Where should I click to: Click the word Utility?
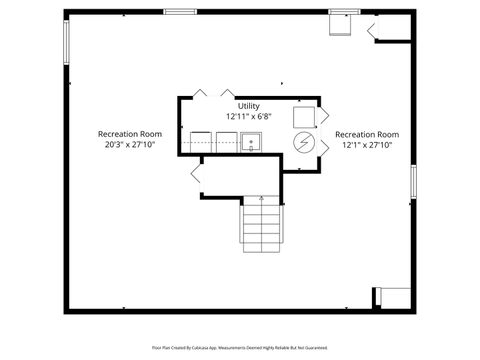[x=248, y=105]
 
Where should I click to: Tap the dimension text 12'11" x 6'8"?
[x=248, y=116]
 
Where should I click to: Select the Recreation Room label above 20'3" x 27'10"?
[x=129, y=134]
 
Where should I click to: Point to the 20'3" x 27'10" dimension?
[x=129, y=145]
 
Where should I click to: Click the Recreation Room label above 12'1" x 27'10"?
[x=367, y=134]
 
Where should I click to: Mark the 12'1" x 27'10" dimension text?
[x=367, y=145]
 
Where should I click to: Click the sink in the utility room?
[x=251, y=142]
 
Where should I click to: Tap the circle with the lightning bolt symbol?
[x=302, y=144]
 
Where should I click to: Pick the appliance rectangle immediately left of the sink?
[x=225, y=141]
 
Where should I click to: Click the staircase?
[x=263, y=224]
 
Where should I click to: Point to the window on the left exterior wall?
[x=67, y=46]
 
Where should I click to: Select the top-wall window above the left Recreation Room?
[x=180, y=12]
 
